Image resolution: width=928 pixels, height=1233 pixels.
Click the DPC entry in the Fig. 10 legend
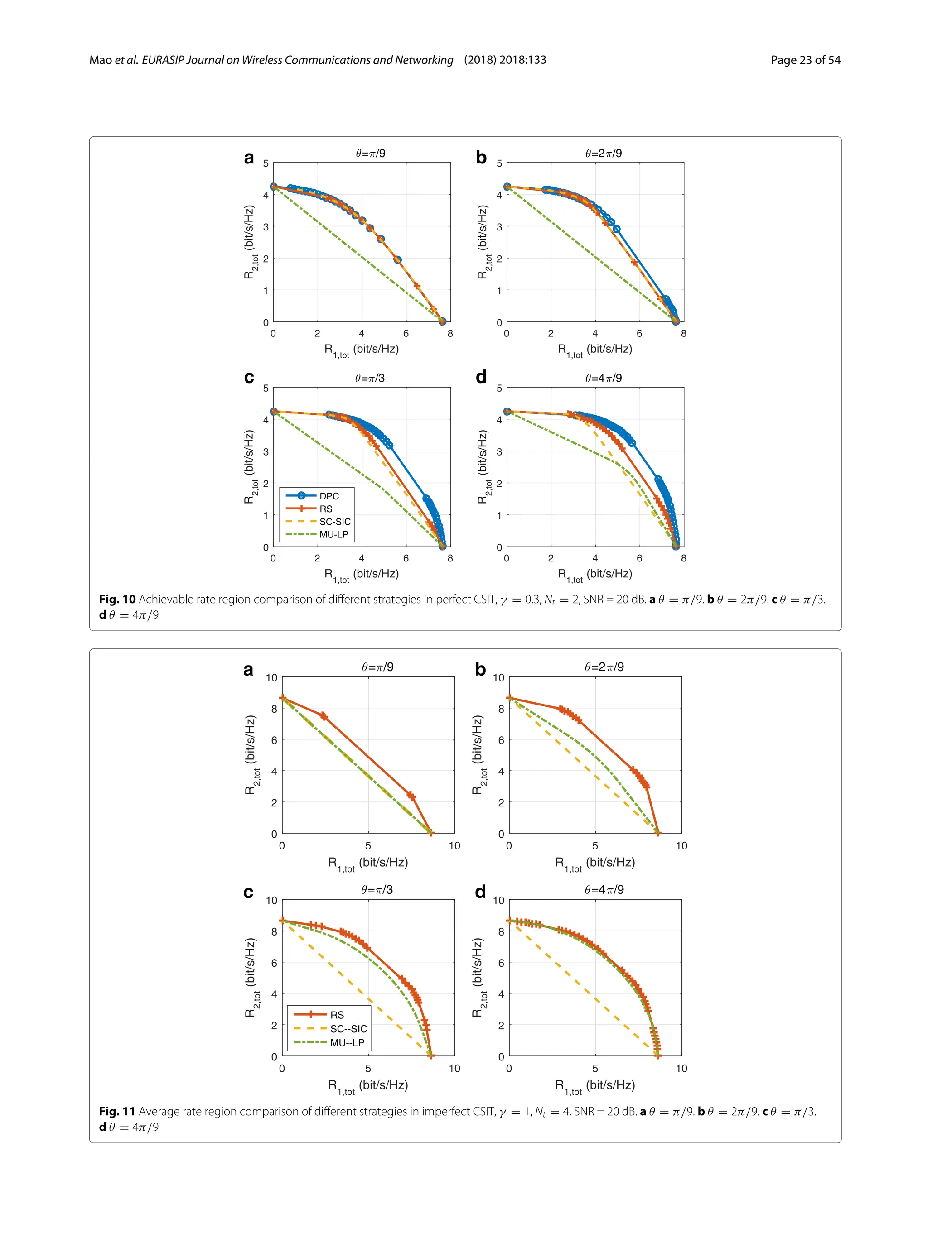[329, 495]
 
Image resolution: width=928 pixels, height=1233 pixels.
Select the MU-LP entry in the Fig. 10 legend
[333, 534]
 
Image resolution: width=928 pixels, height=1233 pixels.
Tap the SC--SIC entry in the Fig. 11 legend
[348, 1028]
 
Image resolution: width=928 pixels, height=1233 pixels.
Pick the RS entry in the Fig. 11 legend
[337, 1014]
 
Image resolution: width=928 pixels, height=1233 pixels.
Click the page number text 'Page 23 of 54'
[805, 60]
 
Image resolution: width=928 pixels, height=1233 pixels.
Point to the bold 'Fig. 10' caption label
[117, 599]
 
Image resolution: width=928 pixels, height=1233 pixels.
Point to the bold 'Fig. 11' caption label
[117, 1111]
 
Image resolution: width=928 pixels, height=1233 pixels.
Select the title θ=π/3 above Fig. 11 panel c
[377, 890]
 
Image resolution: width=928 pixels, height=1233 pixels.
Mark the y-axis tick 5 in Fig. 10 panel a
[266, 163]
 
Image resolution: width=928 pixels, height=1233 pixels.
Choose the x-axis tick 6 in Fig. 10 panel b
[639, 333]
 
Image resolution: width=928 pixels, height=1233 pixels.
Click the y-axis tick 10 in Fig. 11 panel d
[498, 900]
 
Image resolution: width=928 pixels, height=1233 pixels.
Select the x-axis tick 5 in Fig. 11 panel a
[368, 845]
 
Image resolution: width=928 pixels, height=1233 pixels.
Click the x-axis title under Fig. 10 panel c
[362, 574]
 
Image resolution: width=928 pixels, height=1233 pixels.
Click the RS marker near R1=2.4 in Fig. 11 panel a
[323, 716]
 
